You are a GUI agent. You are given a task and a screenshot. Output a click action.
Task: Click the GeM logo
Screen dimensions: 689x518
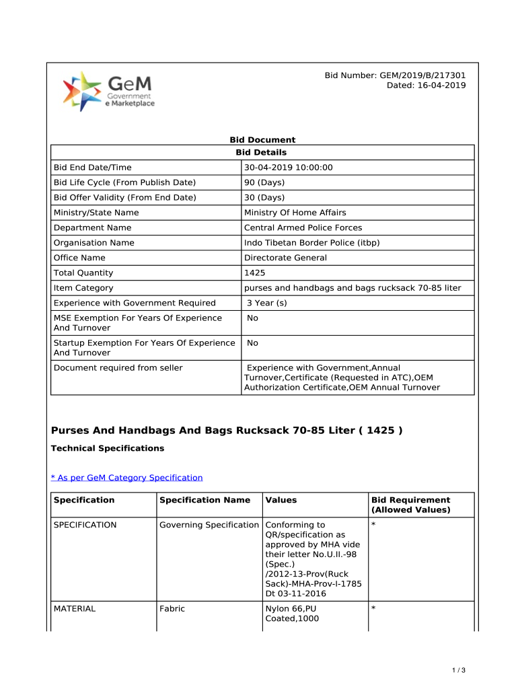[x=108, y=92]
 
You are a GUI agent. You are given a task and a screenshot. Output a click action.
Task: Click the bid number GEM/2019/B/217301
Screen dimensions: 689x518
[x=395, y=75]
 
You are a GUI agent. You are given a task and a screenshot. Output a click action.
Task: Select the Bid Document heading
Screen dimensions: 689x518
[x=262, y=140]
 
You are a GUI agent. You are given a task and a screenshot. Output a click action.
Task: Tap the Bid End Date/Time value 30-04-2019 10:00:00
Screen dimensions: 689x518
[x=289, y=168]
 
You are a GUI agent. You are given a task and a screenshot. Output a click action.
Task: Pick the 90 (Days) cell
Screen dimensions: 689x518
[x=264, y=182]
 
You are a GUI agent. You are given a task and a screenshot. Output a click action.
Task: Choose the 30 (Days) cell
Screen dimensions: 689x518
[x=264, y=198]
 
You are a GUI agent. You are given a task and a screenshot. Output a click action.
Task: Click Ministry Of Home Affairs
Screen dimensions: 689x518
[x=295, y=213]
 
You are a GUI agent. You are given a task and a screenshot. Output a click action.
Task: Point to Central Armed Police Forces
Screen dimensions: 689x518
[x=303, y=227]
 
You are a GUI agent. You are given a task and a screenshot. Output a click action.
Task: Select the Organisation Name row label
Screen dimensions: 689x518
[x=94, y=243]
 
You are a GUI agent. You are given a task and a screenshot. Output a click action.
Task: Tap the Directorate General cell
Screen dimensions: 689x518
[x=285, y=258]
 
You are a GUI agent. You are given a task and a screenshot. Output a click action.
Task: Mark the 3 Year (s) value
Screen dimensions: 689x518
[x=267, y=303]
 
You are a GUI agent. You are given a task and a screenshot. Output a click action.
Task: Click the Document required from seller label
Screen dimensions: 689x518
[x=118, y=368]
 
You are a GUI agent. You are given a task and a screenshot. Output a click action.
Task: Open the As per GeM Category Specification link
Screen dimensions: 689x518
[x=127, y=478]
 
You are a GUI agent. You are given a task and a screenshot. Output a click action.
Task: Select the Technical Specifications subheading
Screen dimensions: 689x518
[x=108, y=448]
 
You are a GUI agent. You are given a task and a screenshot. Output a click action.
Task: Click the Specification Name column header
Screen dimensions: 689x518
[x=205, y=500]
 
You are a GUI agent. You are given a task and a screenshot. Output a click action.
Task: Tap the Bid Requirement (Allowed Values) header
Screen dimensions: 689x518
[x=410, y=505]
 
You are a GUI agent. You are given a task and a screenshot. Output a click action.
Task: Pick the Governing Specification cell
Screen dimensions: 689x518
[x=209, y=525]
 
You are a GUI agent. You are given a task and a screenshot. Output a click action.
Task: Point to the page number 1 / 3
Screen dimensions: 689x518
[x=459, y=670]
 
